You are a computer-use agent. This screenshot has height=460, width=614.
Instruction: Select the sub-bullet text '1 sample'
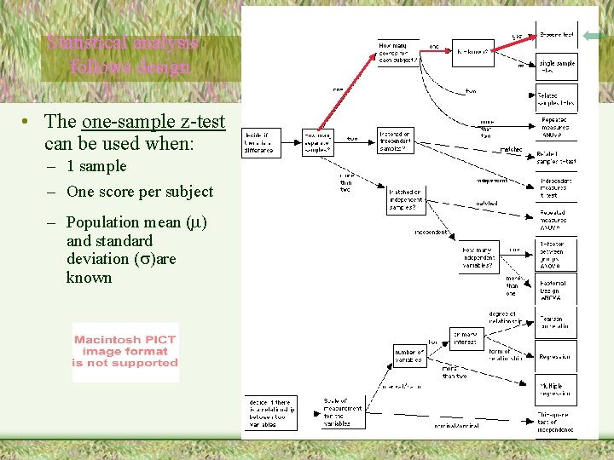[x=96, y=166]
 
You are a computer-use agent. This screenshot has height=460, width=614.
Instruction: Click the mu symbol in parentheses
[x=195, y=222]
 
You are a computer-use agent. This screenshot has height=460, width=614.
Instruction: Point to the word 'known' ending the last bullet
[x=89, y=278]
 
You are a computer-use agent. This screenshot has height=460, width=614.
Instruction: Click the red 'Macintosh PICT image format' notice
[x=125, y=351]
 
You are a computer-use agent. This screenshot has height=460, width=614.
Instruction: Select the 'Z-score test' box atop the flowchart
[x=556, y=36]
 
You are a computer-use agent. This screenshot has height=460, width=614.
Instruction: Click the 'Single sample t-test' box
[x=556, y=67]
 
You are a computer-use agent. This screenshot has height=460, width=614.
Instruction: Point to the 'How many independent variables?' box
[x=478, y=258]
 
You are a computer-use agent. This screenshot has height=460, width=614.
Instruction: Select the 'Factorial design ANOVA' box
[x=556, y=290]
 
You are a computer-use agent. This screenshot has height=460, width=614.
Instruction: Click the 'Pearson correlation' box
[x=556, y=322]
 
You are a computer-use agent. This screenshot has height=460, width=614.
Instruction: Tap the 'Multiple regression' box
[x=556, y=390]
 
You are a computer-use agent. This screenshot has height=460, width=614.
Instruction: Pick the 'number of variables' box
[x=409, y=355]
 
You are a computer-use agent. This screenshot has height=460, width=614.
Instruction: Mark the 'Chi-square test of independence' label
[x=556, y=423]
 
